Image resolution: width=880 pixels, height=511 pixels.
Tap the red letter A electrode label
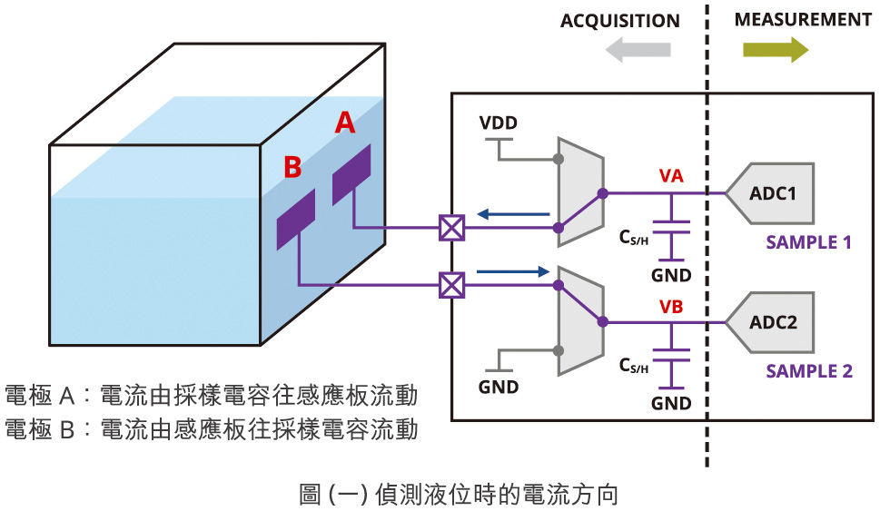click(345, 123)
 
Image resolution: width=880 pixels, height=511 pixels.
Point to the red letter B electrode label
click(292, 167)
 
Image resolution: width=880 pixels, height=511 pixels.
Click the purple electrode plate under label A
click(351, 175)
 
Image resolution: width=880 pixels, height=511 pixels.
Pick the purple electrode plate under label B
click(296, 220)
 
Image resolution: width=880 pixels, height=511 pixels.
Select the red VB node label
click(671, 306)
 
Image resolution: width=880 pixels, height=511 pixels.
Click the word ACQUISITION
click(619, 21)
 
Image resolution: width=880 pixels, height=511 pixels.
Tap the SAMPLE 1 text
click(809, 242)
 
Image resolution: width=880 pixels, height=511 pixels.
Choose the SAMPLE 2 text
click(809, 370)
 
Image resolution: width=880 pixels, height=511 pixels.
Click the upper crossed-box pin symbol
click(451, 228)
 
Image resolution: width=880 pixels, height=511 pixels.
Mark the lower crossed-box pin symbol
click(451, 286)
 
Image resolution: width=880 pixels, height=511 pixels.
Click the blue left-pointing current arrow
click(514, 215)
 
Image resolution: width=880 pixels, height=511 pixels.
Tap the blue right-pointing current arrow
click(514, 270)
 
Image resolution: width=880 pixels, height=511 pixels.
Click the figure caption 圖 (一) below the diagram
click(459, 495)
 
